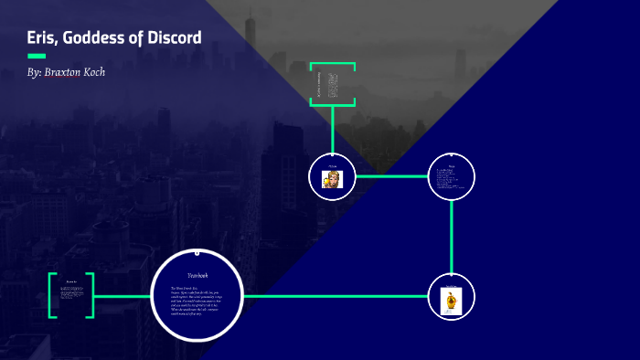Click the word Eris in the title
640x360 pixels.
tap(44, 38)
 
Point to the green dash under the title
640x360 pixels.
tap(37, 56)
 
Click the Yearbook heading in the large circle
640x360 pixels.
tap(198, 275)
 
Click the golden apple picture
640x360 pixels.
tap(450, 301)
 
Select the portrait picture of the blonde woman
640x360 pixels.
tap(331, 179)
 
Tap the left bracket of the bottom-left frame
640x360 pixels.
tap(52, 295)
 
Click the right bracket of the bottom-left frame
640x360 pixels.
tap(91, 295)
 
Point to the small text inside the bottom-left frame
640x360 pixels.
tap(71, 291)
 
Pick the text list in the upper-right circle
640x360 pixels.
tap(452, 179)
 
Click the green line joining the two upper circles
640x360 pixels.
tap(391, 175)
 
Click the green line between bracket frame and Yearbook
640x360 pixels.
tap(122, 296)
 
